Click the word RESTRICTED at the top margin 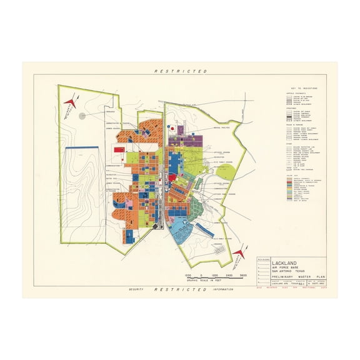click(180, 71)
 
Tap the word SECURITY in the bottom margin click(136, 289)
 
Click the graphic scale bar click(216, 276)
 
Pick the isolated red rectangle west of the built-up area click(119, 150)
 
